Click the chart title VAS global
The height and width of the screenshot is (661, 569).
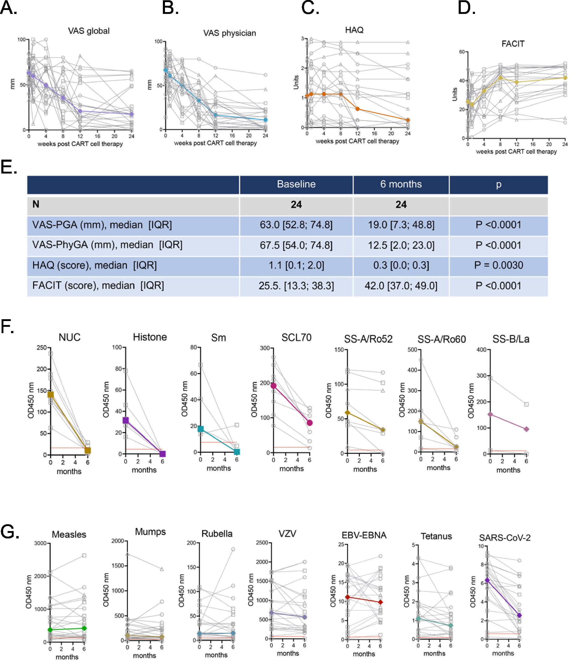pyautogui.click(x=89, y=31)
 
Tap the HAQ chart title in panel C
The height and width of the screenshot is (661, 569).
pyautogui.click(x=354, y=30)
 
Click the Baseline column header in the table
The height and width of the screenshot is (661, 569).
pyautogui.click(x=296, y=184)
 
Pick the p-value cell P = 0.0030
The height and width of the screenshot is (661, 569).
pyautogui.click(x=498, y=265)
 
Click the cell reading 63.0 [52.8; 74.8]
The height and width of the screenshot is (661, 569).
pyautogui.click(x=296, y=225)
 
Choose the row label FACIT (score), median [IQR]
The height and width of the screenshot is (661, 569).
pyautogui.click(x=98, y=286)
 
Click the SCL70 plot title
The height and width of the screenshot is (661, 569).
pyautogui.click(x=296, y=338)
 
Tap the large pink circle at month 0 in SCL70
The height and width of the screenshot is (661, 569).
pyautogui.click(x=273, y=386)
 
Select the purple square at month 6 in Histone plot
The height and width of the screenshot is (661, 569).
pyautogui.click(x=163, y=454)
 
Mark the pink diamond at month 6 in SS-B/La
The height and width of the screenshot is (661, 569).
pyautogui.click(x=526, y=429)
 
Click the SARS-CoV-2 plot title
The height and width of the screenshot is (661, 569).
pyautogui.click(x=504, y=538)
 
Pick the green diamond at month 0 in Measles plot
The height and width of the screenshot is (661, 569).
pyautogui.click(x=50, y=630)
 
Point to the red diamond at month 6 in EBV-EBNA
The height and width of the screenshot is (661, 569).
pyautogui.click(x=380, y=602)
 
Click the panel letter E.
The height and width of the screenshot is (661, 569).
pyautogui.click(x=8, y=167)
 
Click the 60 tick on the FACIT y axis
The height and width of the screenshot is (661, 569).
pyautogui.click(x=462, y=52)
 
